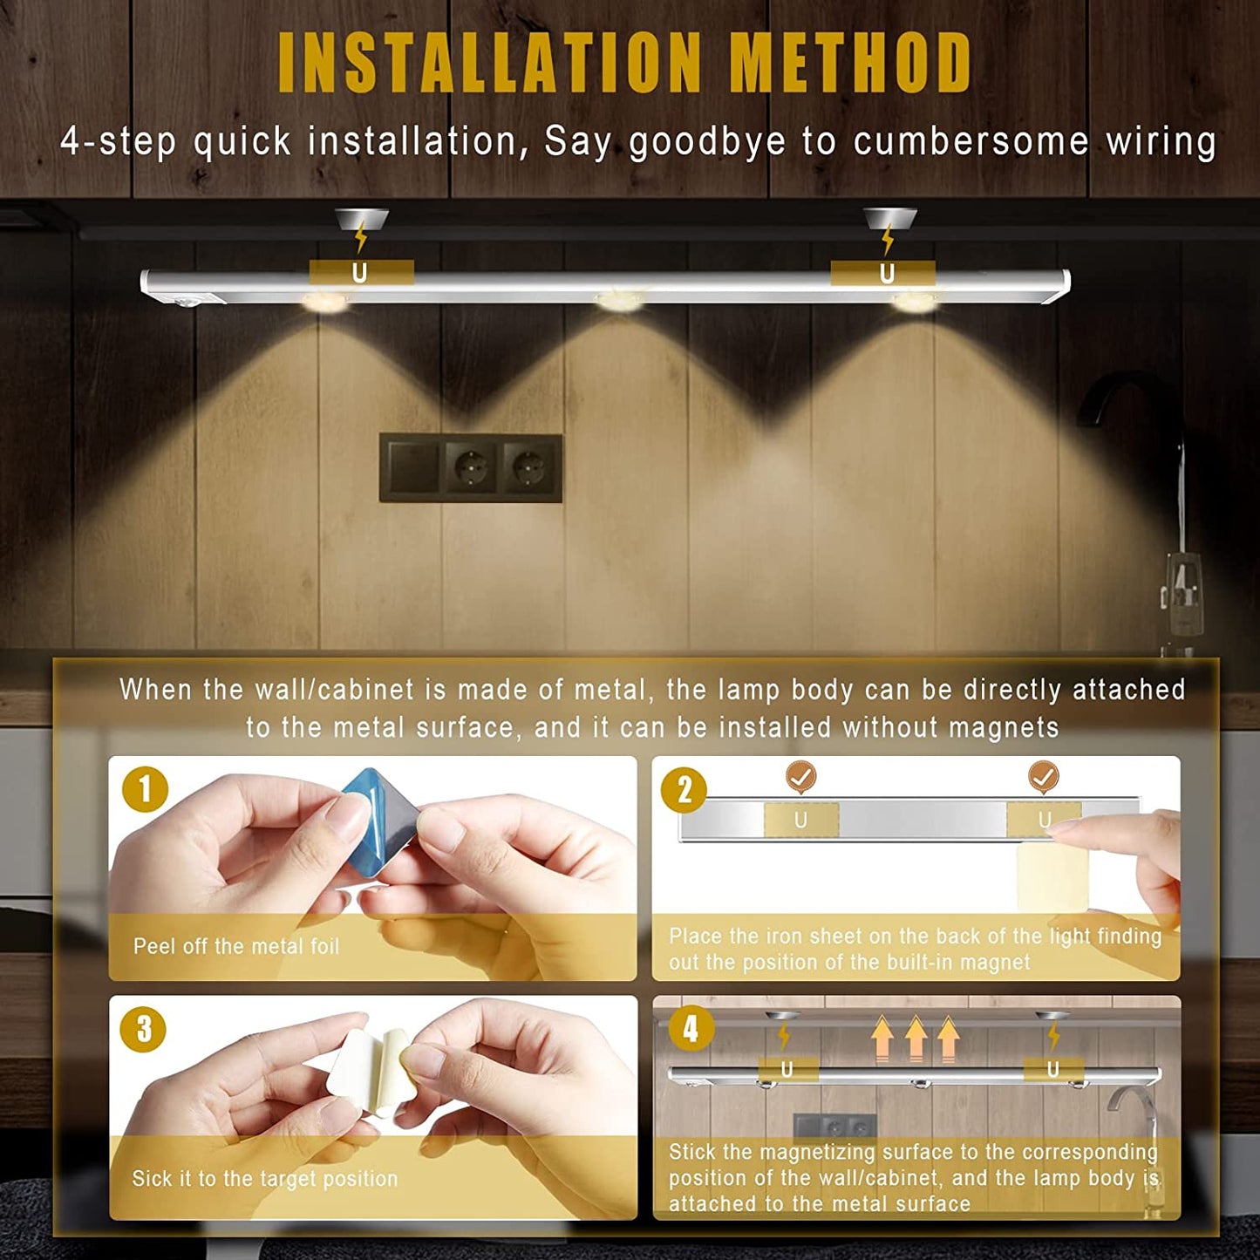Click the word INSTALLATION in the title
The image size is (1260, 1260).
point(489,63)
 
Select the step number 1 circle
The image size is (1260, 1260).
point(145,788)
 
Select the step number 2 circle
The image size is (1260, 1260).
point(684,790)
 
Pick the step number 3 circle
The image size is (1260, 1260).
point(144,1029)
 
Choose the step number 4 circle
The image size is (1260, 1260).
point(691,1030)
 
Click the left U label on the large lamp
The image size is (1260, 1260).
point(361,273)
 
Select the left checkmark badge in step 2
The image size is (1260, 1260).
point(801,777)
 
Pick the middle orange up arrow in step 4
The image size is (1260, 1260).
point(916,1037)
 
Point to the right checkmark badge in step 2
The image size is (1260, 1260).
point(1044,777)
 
